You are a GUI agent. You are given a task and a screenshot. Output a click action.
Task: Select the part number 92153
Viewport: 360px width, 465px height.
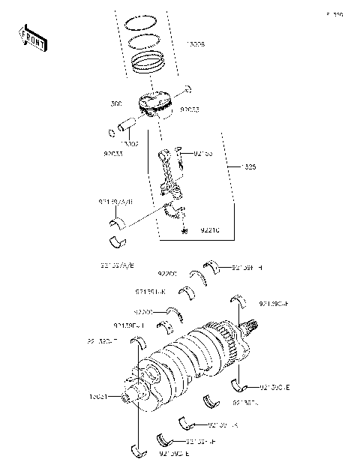pyautogui.click(x=203, y=152)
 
